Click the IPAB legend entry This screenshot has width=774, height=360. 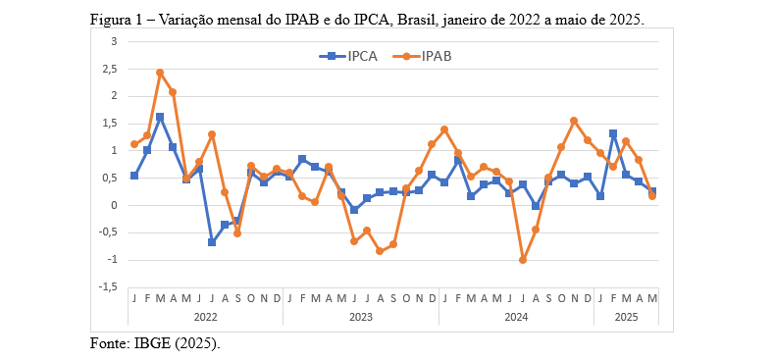tap(436, 56)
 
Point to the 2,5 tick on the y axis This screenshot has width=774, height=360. tap(111, 69)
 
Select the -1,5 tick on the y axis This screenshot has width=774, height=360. tap(109, 287)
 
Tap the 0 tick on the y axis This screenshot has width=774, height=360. tap(114, 205)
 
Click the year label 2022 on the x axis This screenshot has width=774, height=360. tap(205, 317)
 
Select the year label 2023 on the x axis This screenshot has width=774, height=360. tap(361, 317)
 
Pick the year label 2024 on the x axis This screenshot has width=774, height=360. tap(516, 317)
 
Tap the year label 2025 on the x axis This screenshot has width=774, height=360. tap(626, 317)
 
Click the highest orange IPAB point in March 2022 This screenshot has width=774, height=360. tap(160, 73)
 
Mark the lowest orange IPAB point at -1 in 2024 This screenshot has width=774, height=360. tap(523, 260)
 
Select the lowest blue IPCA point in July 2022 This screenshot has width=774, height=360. tap(212, 242)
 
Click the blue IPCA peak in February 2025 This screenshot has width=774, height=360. tap(613, 133)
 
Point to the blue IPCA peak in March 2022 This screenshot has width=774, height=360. tap(160, 117)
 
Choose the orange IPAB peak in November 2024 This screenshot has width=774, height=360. tap(574, 121)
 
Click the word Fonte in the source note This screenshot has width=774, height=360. tap(109, 343)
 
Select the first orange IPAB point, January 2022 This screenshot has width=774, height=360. tap(134, 144)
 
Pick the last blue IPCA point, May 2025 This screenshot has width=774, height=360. tap(652, 192)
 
